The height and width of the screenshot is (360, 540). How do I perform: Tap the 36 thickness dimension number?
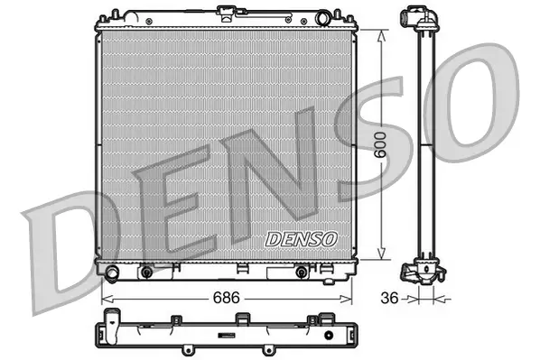[x=388, y=295]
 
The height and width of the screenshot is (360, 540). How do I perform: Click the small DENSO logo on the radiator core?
[x=301, y=239]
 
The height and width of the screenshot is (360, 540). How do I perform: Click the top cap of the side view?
[x=418, y=17]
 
